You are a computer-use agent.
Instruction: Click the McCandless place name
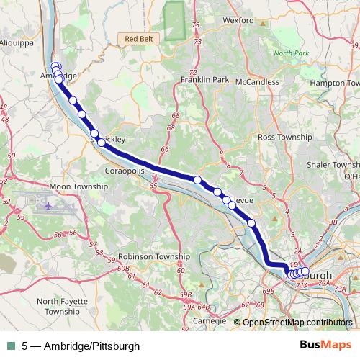(x=256, y=81)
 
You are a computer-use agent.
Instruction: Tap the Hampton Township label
(x=334, y=84)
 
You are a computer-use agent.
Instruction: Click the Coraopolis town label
(x=125, y=173)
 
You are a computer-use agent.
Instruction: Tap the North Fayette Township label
(x=63, y=307)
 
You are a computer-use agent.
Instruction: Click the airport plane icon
(x=48, y=207)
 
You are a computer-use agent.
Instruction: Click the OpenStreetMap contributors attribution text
(x=297, y=323)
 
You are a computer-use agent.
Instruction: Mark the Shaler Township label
(x=336, y=164)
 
